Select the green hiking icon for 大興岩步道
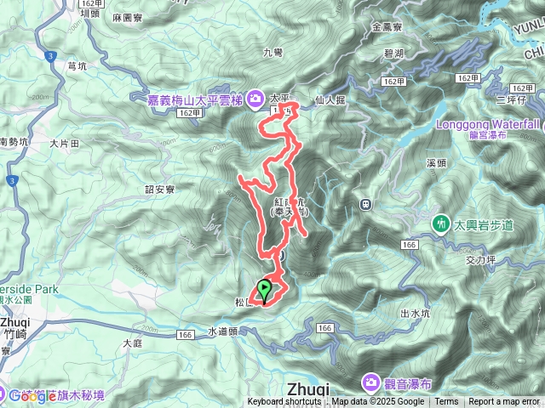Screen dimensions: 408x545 (441, 224)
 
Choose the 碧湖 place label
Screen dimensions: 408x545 (394, 53)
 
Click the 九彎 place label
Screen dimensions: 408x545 (272, 53)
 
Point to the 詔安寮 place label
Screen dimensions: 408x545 (159, 190)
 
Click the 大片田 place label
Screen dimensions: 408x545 (64, 144)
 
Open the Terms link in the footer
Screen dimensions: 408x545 (446, 402)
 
